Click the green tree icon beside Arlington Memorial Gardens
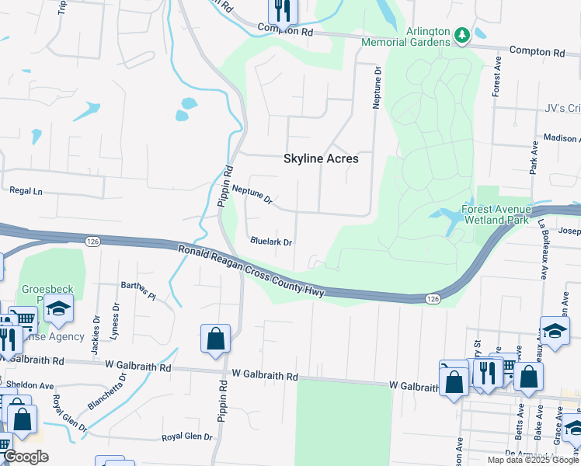(462, 34)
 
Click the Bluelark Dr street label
(271, 242)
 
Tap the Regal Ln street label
(25, 190)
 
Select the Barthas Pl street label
(138, 290)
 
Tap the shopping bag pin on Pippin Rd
(215, 339)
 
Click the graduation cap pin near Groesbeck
(58, 309)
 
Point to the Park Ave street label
(534, 158)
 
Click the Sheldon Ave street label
(30, 385)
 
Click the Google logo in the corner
(26, 457)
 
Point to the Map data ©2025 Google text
(532, 460)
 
